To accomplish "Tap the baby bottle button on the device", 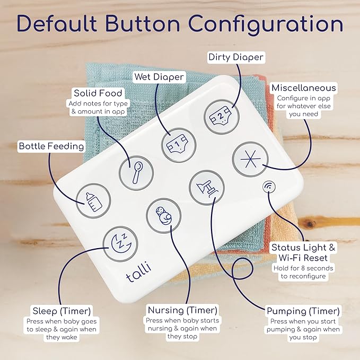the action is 93,201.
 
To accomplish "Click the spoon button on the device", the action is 136,173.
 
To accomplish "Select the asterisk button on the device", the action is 250,159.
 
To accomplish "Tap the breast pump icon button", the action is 207,188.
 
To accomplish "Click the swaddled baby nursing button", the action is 164,216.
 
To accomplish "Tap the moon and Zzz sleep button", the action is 120,244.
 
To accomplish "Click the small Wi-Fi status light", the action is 269,187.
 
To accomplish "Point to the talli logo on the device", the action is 139,271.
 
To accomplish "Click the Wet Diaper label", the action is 159,77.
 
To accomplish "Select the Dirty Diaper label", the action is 236,57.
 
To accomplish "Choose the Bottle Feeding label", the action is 51,146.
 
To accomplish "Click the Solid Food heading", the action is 98,93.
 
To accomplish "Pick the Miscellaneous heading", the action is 304,88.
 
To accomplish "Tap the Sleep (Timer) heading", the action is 62,311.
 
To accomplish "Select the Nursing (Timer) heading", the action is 182,310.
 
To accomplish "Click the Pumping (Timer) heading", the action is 303,311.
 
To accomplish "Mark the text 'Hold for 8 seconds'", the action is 303,268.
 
